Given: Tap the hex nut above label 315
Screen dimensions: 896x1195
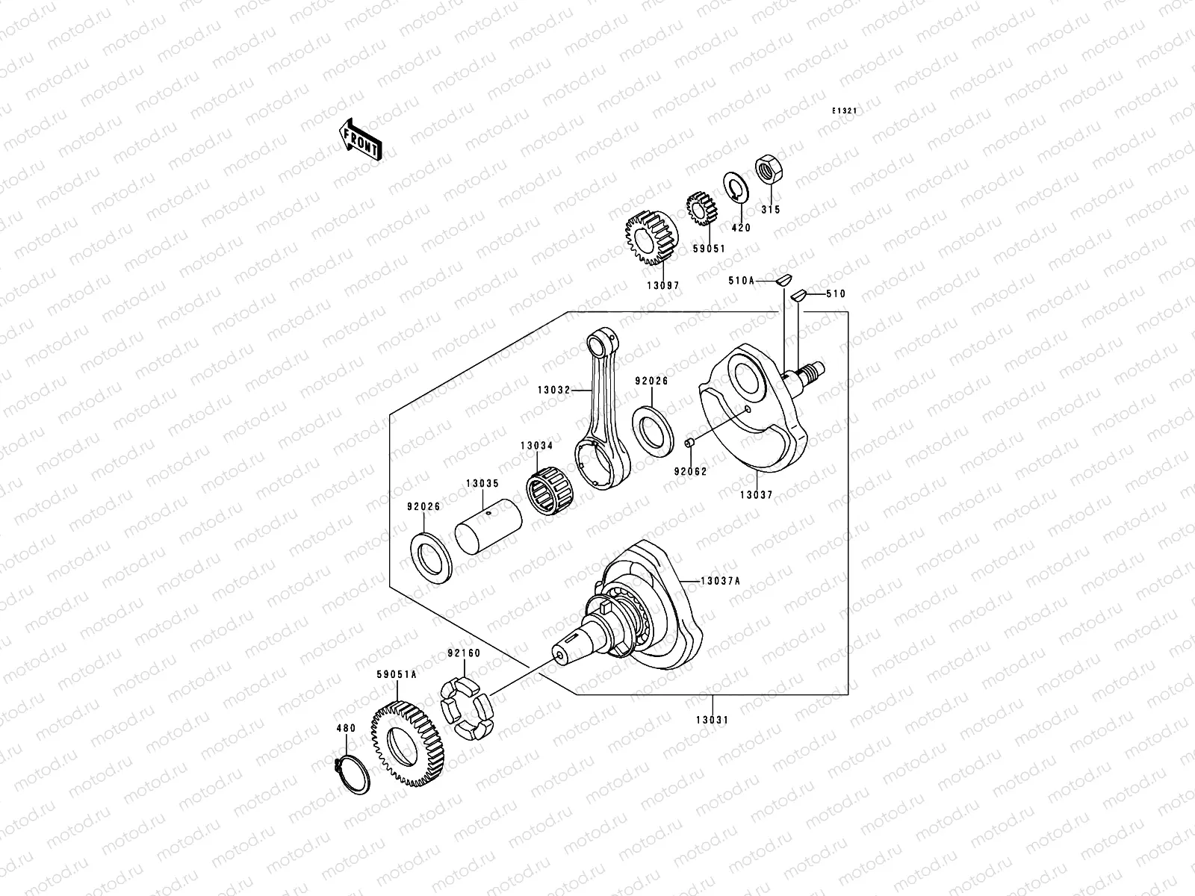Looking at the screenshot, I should coord(769,171).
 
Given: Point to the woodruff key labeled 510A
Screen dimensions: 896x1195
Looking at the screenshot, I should coord(782,281).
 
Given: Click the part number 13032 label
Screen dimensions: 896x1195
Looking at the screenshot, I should coord(553,390).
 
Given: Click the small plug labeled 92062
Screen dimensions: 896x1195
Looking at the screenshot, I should coord(691,444).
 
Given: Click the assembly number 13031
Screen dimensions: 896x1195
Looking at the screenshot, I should coord(713,720).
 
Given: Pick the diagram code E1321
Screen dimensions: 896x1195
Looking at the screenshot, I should coord(845,111).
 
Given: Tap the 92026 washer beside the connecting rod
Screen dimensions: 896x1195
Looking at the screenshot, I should coord(651,429).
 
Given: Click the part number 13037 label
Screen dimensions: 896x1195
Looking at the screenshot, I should coord(756,494).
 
